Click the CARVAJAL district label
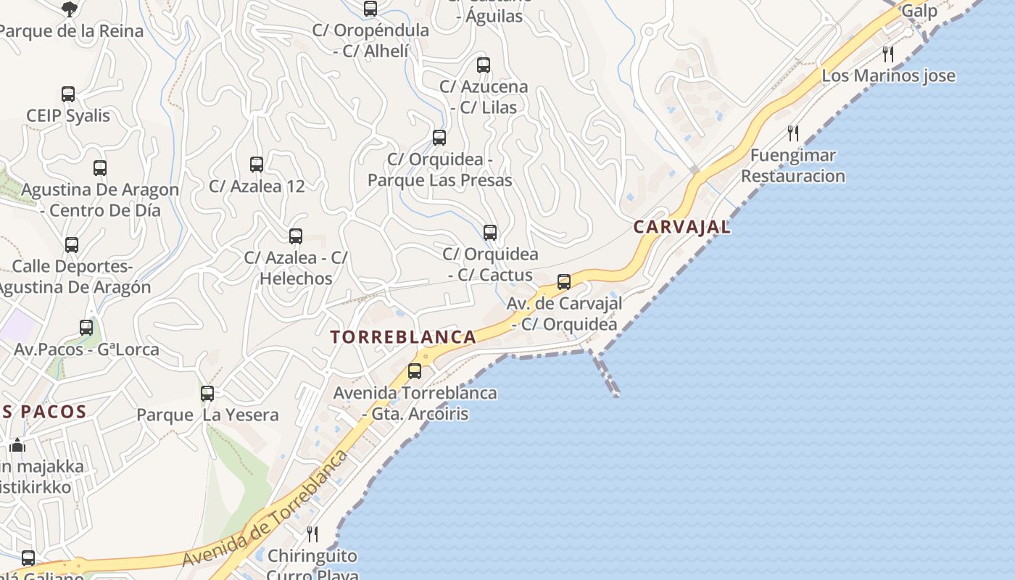click(681, 227)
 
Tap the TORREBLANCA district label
click(403, 337)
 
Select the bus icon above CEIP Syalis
click(68, 94)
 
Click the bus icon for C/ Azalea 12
click(257, 165)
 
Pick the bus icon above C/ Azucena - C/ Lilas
click(484, 65)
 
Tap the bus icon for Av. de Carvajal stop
click(564, 282)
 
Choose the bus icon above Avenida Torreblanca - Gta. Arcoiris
click(415, 371)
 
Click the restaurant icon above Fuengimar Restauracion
click(793, 133)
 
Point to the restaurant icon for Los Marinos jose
click(888, 54)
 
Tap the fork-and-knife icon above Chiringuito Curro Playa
click(312, 534)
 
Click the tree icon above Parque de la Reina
click(70, 9)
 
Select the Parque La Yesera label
click(208, 415)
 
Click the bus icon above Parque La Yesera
click(207, 394)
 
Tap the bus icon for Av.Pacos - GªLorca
click(86, 328)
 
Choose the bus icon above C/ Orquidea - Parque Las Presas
click(439, 138)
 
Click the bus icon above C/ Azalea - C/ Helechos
click(296, 236)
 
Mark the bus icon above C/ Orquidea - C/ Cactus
click(490, 233)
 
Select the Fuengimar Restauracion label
click(793, 166)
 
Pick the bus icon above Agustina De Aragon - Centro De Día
click(100, 168)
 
